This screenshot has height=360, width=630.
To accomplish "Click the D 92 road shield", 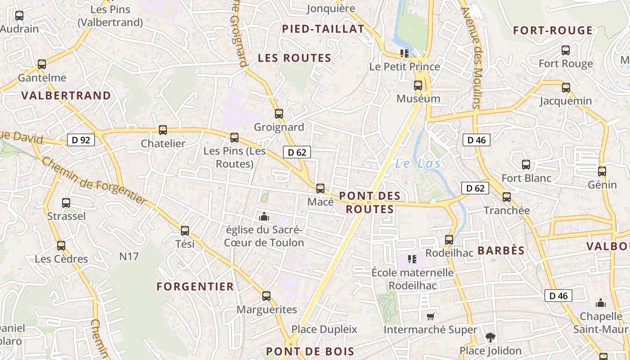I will (x=81, y=140).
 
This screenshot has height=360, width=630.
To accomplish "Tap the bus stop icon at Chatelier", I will (x=163, y=130).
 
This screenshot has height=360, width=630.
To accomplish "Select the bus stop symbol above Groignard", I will (x=279, y=114).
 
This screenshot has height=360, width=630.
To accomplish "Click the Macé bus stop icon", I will (x=320, y=189).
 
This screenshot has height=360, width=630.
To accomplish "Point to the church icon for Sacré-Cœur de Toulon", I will (x=264, y=217).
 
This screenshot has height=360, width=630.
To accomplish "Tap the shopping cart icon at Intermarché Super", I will (x=430, y=317).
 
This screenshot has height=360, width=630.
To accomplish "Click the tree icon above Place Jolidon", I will (x=490, y=337).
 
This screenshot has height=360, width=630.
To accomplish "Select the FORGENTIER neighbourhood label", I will (x=195, y=287).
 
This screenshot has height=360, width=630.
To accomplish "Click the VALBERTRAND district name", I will (x=66, y=96).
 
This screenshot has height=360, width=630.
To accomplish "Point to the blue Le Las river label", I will (x=418, y=164).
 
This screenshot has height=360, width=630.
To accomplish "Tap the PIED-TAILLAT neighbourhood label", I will (x=323, y=29).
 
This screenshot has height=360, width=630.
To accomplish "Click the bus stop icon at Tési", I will (x=185, y=231).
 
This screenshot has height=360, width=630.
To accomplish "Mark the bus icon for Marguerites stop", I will (x=266, y=296).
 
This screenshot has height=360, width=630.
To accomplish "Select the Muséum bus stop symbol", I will (x=418, y=85).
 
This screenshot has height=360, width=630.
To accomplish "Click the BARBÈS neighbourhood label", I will (x=501, y=251).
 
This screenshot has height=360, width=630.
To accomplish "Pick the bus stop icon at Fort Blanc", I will (x=526, y=165).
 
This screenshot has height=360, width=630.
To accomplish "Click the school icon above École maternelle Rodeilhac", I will (x=412, y=259).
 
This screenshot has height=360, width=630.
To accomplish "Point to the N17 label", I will (x=129, y=256).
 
